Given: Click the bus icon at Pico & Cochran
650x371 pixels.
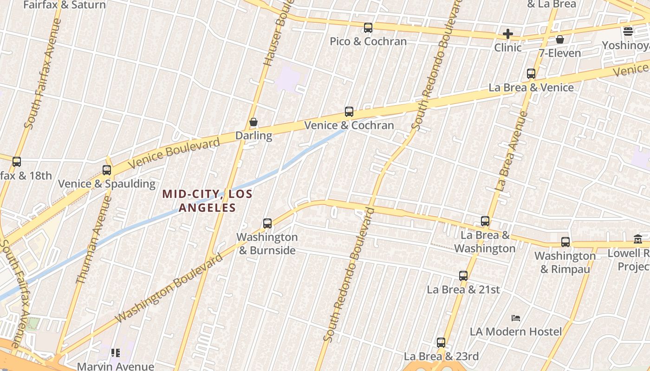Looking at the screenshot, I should pyautogui.click(x=368, y=28).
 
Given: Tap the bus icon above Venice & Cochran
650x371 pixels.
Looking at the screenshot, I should pyautogui.click(x=349, y=112).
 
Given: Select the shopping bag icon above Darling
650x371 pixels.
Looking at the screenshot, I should pyautogui.click(x=253, y=122).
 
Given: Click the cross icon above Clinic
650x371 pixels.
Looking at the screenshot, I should pyautogui.click(x=508, y=34).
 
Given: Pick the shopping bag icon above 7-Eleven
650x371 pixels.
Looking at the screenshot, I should pyautogui.click(x=560, y=39).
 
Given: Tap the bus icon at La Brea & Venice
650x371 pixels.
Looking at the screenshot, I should pyautogui.click(x=531, y=74).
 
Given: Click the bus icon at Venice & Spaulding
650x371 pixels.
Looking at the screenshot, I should pyautogui.click(x=107, y=170).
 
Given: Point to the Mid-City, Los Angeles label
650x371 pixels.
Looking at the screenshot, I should pyautogui.click(x=207, y=201).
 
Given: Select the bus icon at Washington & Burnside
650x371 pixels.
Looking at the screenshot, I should pyautogui.click(x=267, y=224).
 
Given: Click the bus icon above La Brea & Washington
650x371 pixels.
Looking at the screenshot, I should pyautogui.click(x=485, y=221).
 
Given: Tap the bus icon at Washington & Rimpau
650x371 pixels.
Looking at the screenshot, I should pyautogui.click(x=565, y=242).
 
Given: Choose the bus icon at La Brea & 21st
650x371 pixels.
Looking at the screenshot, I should pyautogui.click(x=463, y=276).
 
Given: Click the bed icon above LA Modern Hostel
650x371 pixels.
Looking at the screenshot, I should pyautogui.click(x=516, y=318).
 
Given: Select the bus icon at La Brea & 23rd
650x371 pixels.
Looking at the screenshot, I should pyautogui.click(x=441, y=343).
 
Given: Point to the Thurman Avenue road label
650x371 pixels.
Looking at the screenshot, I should pyautogui.click(x=94, y=240).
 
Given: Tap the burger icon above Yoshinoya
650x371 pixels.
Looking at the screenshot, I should pyautogui.click(x=628, y=32).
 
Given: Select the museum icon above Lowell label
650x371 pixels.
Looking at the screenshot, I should pyautogui.click(x=638, y=239).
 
